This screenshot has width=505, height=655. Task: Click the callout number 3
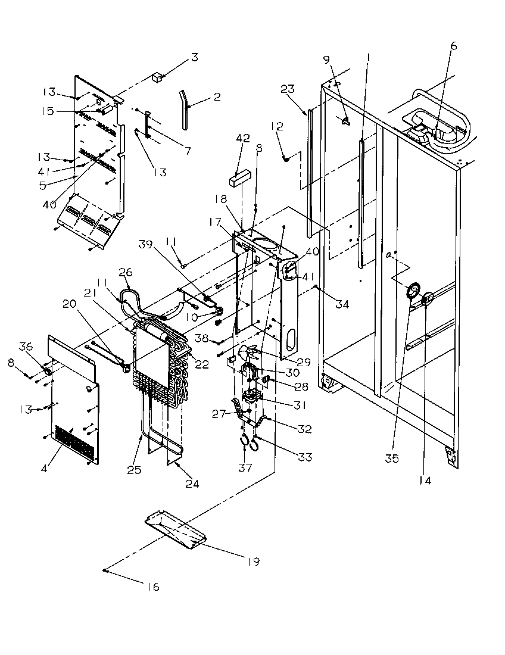(194, 58)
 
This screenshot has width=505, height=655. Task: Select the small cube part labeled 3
(158, 76)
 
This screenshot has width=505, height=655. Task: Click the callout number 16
(153, 587)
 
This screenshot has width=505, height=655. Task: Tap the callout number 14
(425, 480)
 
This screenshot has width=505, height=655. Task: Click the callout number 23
(288, 89)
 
